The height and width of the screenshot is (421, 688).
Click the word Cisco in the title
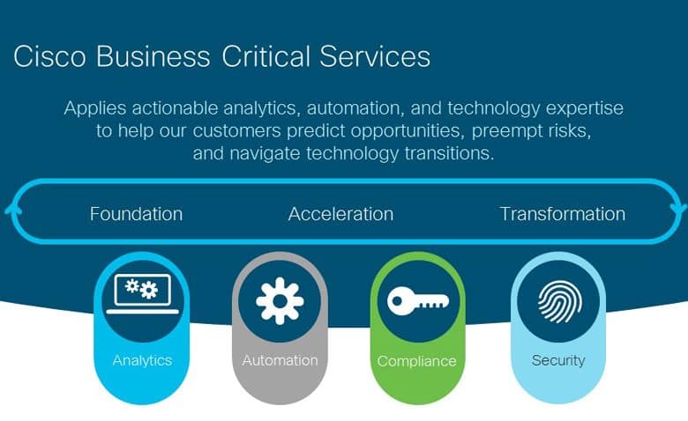49,56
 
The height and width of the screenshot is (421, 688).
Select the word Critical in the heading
265,56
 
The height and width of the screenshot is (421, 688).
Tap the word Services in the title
375,56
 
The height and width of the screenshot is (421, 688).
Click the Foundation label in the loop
136,214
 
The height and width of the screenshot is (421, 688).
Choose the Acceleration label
341,214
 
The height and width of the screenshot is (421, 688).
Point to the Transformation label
563,214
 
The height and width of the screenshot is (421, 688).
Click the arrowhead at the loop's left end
13,210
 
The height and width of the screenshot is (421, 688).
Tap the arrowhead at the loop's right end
678,209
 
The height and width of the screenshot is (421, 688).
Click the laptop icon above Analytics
143,293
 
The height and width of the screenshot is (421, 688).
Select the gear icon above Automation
280,301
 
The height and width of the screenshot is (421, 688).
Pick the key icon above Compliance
418,300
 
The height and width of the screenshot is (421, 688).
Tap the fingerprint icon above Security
560,301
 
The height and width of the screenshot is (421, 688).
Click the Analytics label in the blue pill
142,360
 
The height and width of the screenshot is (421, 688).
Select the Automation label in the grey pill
280,360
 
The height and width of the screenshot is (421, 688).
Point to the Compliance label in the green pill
417,361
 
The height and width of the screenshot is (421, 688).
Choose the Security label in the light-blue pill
558,360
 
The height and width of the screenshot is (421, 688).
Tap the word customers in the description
237,130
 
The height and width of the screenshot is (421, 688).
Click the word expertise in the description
585,108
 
